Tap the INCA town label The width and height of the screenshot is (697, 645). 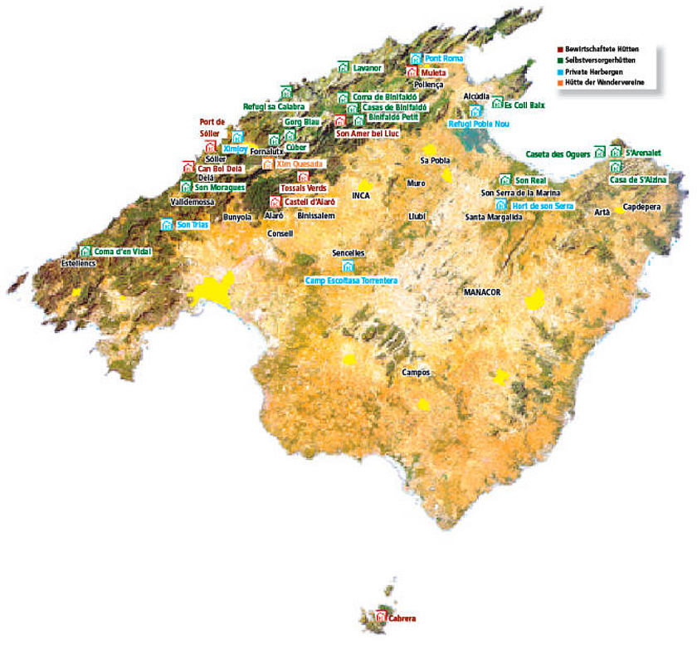point(360,196)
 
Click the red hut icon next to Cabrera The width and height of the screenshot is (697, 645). point(381,617)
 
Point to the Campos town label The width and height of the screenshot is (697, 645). point(416,373)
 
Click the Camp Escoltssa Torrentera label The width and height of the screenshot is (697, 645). point(351,281)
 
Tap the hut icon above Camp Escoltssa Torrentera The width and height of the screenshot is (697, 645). point(348,266)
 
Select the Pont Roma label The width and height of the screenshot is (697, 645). point(444,59)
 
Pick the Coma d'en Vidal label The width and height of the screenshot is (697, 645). point(121,251)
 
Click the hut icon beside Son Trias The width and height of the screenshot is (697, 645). point(167,224)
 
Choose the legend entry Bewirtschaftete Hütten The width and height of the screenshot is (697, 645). point(603,50)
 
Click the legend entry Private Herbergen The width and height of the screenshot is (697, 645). point(598,72)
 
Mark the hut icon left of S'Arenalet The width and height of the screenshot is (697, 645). point(615,152)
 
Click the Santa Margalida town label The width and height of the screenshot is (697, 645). point(494,217)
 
